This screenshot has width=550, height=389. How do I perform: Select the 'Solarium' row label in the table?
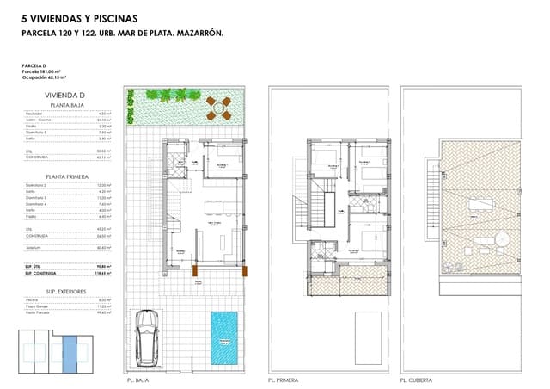point(35,247)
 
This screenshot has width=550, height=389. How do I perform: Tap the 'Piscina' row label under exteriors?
point(33,299)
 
